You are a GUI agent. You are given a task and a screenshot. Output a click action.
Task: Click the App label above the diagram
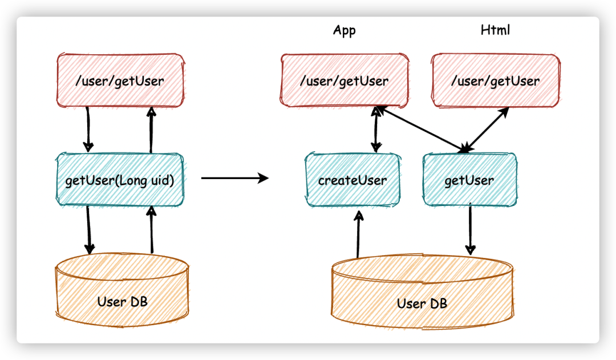344,30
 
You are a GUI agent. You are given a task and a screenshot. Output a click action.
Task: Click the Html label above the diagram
495,30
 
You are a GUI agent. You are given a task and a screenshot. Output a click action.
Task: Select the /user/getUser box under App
345,80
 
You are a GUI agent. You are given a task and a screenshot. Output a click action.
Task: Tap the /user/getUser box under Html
495,80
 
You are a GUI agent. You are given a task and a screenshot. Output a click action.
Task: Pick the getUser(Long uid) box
120,179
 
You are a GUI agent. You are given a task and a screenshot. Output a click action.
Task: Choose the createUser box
352,180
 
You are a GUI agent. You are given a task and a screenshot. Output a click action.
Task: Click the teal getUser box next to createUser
469,180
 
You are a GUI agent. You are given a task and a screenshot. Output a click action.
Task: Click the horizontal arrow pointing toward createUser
234,179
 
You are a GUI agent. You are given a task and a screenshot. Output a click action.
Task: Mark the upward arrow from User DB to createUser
358,234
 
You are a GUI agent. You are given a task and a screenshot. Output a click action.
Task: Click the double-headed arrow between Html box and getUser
486,130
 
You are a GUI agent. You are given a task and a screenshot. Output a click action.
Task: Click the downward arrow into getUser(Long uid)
88,128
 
